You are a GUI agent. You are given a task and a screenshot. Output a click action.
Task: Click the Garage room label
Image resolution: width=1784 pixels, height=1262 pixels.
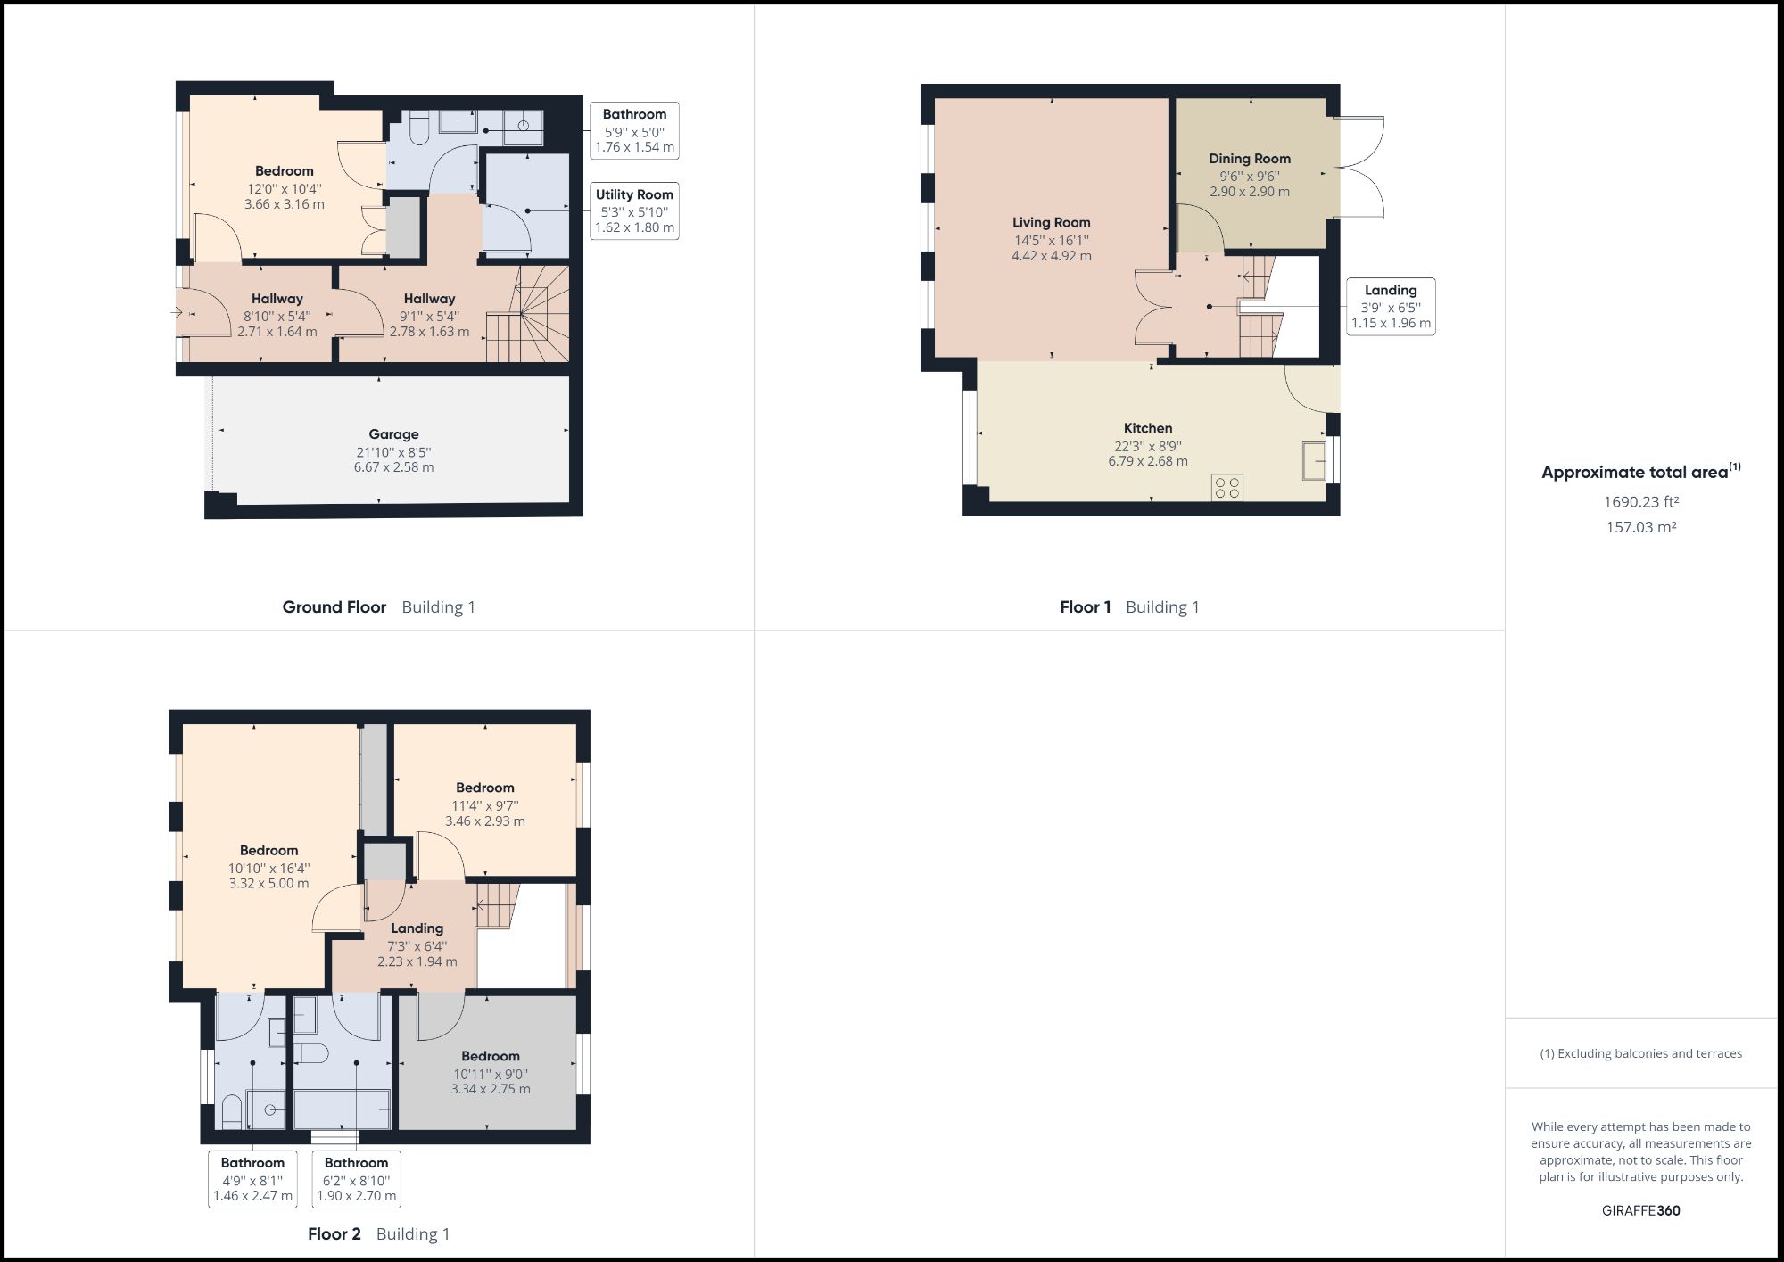(393, 434)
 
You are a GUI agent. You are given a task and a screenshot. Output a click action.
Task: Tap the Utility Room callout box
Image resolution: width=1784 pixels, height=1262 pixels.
(634, 211)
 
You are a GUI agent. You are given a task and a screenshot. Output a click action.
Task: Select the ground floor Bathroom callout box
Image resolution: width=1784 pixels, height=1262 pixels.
(634, 130)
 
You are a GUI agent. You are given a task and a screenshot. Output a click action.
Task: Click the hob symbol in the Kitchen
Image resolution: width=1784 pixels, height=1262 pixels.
(1227, 488)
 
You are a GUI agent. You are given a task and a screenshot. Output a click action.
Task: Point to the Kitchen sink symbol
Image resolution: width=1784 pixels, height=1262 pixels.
(1313, 460)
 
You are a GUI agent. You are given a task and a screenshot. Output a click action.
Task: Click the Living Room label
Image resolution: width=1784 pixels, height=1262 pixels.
(1051, 223)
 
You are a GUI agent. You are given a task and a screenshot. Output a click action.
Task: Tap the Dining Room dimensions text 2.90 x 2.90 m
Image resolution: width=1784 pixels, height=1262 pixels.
(1249, 192)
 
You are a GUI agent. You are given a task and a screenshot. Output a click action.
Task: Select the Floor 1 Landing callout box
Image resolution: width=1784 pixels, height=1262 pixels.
(1390, 306)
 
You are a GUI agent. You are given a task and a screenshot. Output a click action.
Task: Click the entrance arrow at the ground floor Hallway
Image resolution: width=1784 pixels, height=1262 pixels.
(175, 313)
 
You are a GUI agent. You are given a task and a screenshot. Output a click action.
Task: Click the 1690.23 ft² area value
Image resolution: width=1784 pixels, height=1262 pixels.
(1640, 502)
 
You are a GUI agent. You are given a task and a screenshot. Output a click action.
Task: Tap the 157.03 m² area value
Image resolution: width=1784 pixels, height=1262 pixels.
(1640, 527)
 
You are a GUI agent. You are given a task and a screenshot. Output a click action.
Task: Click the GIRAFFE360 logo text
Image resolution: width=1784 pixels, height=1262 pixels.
(1640, 1210)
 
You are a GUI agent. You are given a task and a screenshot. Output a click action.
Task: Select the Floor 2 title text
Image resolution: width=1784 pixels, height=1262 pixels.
(334, 1234)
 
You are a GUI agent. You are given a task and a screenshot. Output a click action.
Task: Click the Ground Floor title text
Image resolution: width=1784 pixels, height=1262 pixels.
(334, 607)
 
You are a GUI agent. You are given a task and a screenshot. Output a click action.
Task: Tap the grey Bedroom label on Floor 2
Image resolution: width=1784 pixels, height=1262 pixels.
(491, 1056)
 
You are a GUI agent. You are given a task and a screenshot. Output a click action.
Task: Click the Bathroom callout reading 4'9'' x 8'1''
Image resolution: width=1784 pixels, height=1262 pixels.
(252, 1179)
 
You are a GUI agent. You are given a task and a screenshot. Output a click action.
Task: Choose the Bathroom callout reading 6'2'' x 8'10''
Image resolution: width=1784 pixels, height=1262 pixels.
(356, 1179)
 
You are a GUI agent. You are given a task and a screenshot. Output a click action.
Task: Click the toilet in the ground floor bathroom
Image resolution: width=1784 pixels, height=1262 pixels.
(417, 131)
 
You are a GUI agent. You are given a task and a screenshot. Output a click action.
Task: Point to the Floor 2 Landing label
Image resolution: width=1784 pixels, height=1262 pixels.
(417, 928)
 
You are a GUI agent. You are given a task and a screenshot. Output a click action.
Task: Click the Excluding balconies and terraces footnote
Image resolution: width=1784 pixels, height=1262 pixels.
(1640, 1053)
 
